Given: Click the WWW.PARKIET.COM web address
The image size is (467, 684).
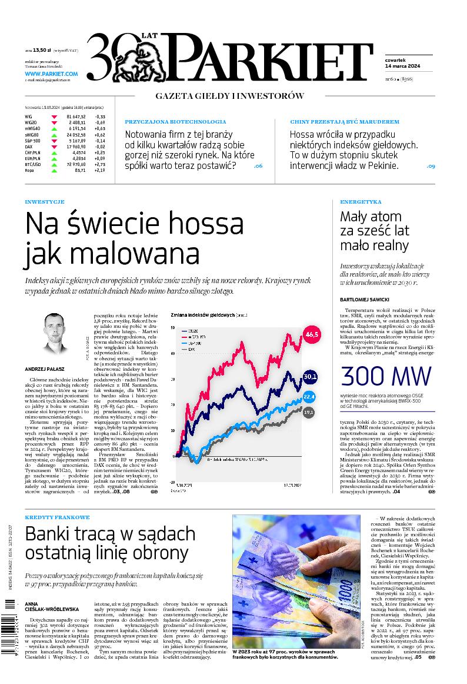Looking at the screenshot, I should pos(51,74).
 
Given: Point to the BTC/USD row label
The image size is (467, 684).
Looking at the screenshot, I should pos(34,164).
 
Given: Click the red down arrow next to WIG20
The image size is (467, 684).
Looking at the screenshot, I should pos(56,122).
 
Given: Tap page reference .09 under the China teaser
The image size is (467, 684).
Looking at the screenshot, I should pos(431,167).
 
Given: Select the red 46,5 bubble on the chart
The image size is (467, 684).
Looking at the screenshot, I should pos(311,335).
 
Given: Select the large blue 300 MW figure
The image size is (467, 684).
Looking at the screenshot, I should pos(385,376).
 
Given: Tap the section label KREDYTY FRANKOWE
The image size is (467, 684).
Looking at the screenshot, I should pos(57,517).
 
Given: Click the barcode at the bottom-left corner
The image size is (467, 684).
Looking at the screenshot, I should pos(10,623).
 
